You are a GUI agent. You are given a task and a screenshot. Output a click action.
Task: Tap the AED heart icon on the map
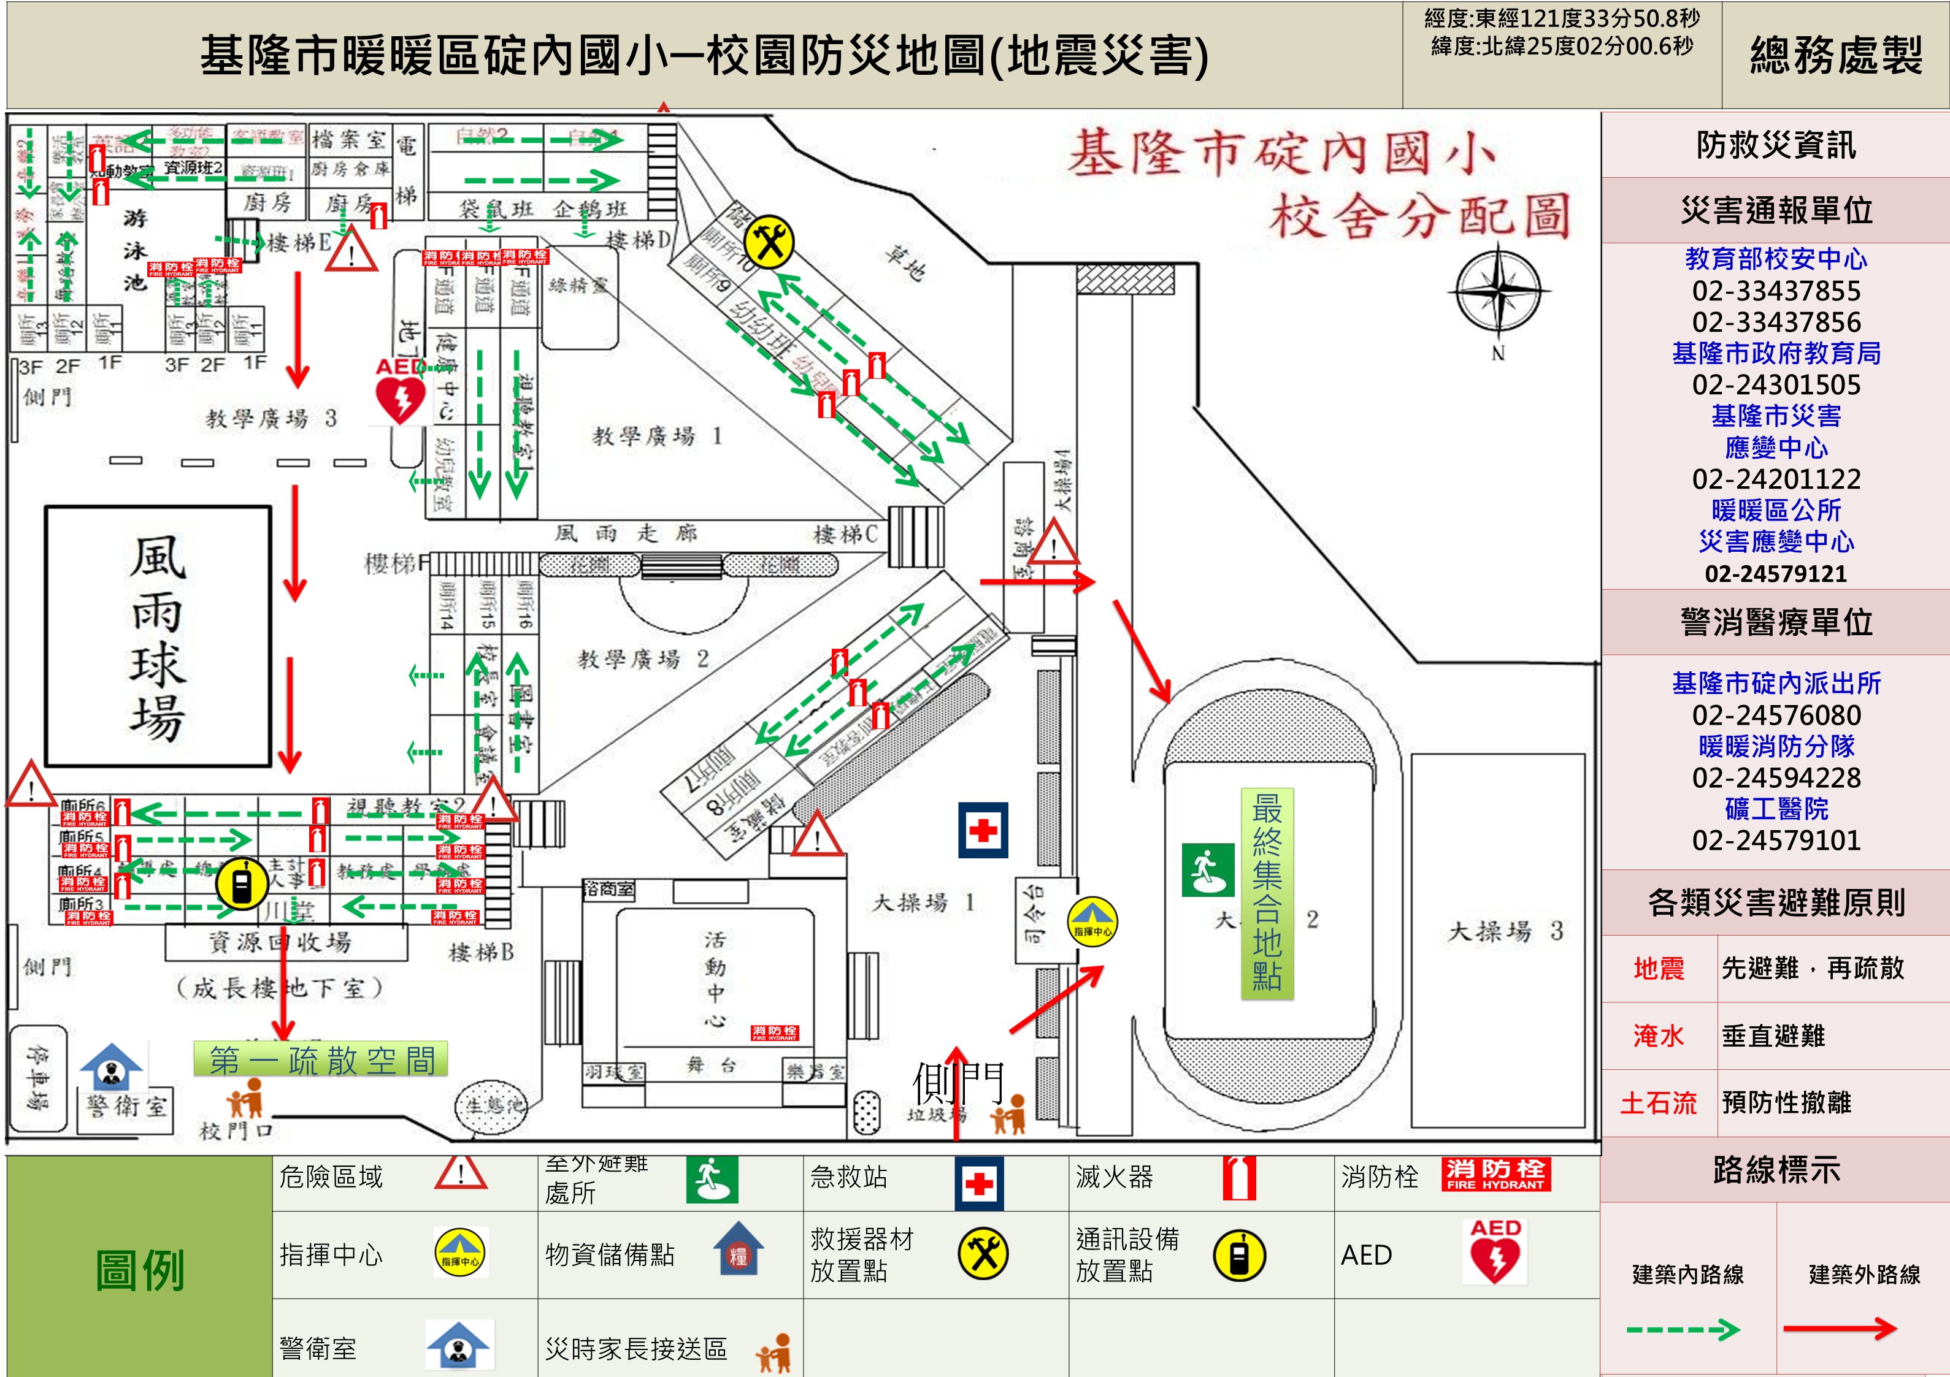pos(400,397)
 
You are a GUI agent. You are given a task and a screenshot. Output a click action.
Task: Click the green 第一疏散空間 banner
pos(321,1059)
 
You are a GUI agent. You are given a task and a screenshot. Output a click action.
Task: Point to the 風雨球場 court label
pos(158,637)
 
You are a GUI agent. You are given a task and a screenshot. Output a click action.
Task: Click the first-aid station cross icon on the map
pos(983,830)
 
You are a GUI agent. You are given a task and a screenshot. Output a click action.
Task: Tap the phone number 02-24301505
pos(1776,384)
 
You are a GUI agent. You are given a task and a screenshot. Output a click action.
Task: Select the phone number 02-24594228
pos(1776,777)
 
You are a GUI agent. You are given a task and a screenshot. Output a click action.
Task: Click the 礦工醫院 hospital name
pos(1776,809)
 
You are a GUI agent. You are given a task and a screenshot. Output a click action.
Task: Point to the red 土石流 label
pos(1658,1103)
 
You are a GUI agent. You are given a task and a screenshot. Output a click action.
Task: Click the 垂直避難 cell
pos(1773,1036)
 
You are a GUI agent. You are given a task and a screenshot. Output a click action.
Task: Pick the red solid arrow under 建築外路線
pos(1840,1328)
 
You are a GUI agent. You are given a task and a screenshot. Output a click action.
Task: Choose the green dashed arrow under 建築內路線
pos(1683,1329)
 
